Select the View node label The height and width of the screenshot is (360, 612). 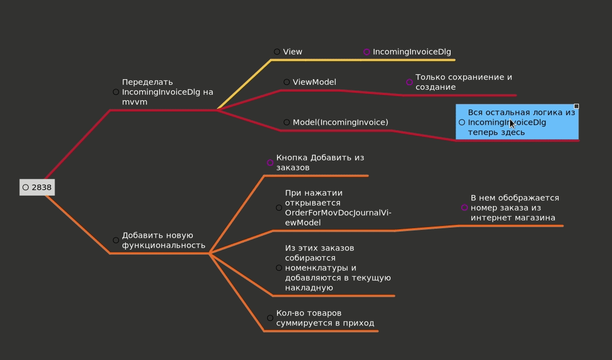pos(293,52)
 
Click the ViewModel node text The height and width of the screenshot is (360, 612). pos(314,82)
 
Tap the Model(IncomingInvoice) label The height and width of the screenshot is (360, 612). pos(340,122)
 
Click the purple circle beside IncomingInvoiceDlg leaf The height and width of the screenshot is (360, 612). pos(367,52)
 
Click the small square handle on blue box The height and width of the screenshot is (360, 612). pos(576,106)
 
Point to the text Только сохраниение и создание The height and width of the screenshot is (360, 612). pos(463,82)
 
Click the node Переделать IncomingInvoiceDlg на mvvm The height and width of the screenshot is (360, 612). pos(167,92)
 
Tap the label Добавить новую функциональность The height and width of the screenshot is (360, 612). pos(164,240)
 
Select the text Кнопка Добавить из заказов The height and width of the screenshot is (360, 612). pos(319,163)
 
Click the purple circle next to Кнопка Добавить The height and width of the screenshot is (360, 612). pos(270,163)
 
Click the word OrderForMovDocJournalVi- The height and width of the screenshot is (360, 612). pos(338,213)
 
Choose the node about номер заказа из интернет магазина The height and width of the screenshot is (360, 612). pos(514,208)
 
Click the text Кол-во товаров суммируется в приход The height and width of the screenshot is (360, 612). pos(325,318)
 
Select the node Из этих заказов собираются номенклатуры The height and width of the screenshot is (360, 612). pos(337,268)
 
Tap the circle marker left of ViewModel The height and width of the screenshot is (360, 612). pos(286,82)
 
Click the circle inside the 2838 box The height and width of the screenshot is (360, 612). pos(26,187)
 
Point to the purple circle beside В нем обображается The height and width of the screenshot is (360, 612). pos(464,208)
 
